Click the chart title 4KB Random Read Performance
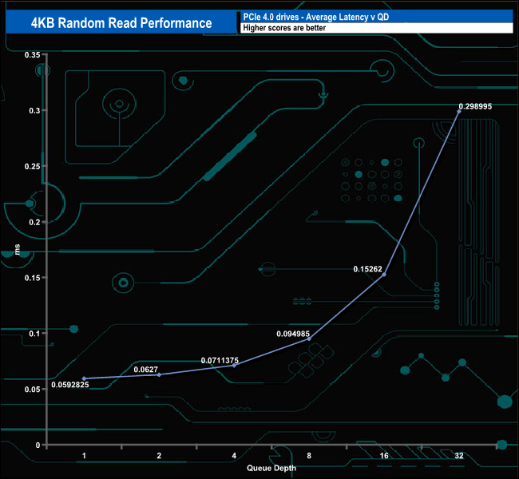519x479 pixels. tap(121, 23)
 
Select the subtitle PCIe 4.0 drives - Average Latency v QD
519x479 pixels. tap(315, 17)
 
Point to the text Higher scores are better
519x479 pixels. tap(284, 28)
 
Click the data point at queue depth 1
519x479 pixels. tap(84, 378)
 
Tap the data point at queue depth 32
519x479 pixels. tap(459, 112)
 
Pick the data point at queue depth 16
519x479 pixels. tap(384, 275)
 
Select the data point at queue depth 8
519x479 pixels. tap(309, 338)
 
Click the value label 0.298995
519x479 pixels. tap(475, 106)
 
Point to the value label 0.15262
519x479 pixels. tap(367, 269)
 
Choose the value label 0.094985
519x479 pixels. tap(293, 334)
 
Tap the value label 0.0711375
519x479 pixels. tap(220, 360)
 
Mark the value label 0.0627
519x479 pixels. tap(145, 369)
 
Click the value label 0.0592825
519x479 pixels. tap(69, 384)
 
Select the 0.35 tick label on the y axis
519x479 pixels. tap(33, 54)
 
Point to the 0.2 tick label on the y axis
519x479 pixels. tap(34, 222)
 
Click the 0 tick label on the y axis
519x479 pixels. tap(38, 445)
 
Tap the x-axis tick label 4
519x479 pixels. tap(234, 456)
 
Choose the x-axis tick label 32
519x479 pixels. tap(459, 456)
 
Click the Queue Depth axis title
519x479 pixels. tap(271, 468)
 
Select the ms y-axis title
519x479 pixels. tap(18, 249)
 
